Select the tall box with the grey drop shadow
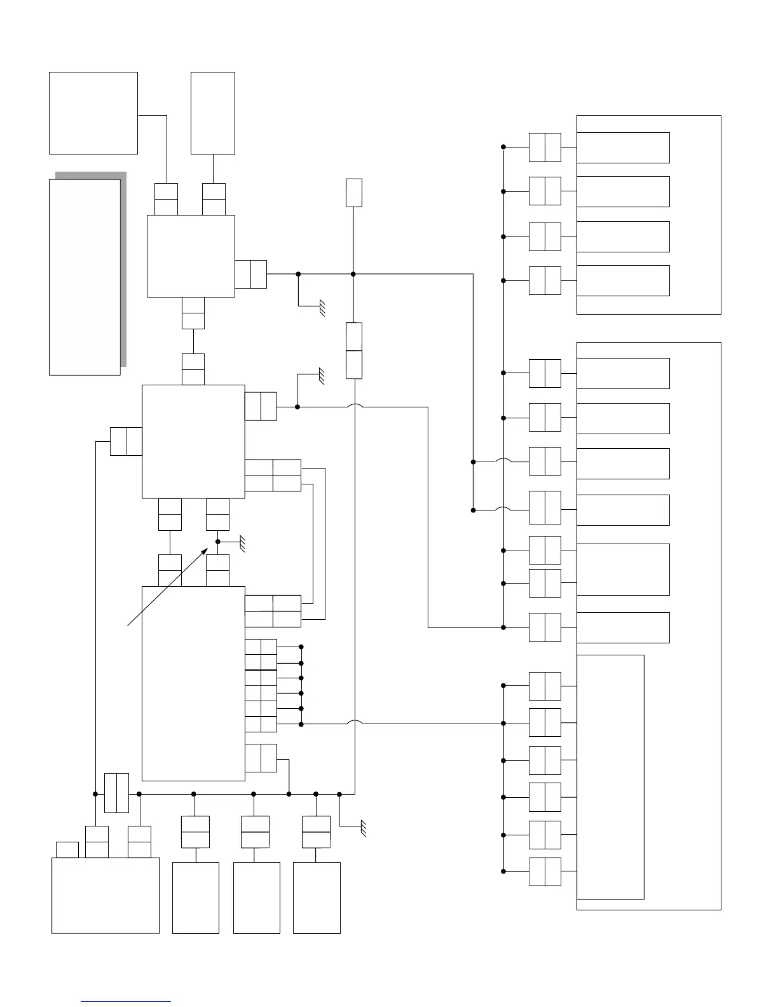tap(85, 277)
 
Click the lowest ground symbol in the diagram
tap(363, 828)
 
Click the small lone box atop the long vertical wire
tap(354, 192)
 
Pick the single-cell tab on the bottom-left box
tap(67, 849)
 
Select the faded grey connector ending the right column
tap(545, 871)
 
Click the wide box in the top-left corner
tap(93, 113)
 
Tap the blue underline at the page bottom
tap(126, 1002)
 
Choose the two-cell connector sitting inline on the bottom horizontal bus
tap(116, 793)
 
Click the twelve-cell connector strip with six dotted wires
tap(261, 685)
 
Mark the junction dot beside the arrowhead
tap(217, 542)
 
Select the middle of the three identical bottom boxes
tap(257, 897)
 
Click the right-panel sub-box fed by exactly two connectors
tap(623, 569)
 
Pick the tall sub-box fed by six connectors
tap(610, 776)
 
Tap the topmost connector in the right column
tap(545, 147)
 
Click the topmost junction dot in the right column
tap(503, 147)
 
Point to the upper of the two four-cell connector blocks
tap(273, 475)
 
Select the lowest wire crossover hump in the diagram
tap(354, 722)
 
